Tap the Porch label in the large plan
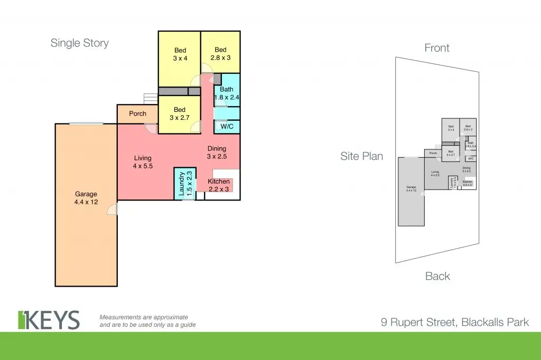[137, 113]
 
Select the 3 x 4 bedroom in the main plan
[180, 54]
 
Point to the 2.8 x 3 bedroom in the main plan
[220, 54]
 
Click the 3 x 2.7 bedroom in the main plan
[180, 113]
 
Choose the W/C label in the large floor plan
[227, 127]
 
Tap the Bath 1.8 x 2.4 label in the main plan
[227, 93]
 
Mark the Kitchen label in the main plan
[218, 185]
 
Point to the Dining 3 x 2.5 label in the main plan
[217, 153]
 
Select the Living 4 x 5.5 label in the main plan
[143, 162]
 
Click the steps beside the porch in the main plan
[151, 99]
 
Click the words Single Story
[79, 43]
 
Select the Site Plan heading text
[362, 156]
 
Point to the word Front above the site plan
[437, 48]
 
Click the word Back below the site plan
[437, 276]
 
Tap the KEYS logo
[49, 320]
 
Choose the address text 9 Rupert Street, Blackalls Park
[454, 321]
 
